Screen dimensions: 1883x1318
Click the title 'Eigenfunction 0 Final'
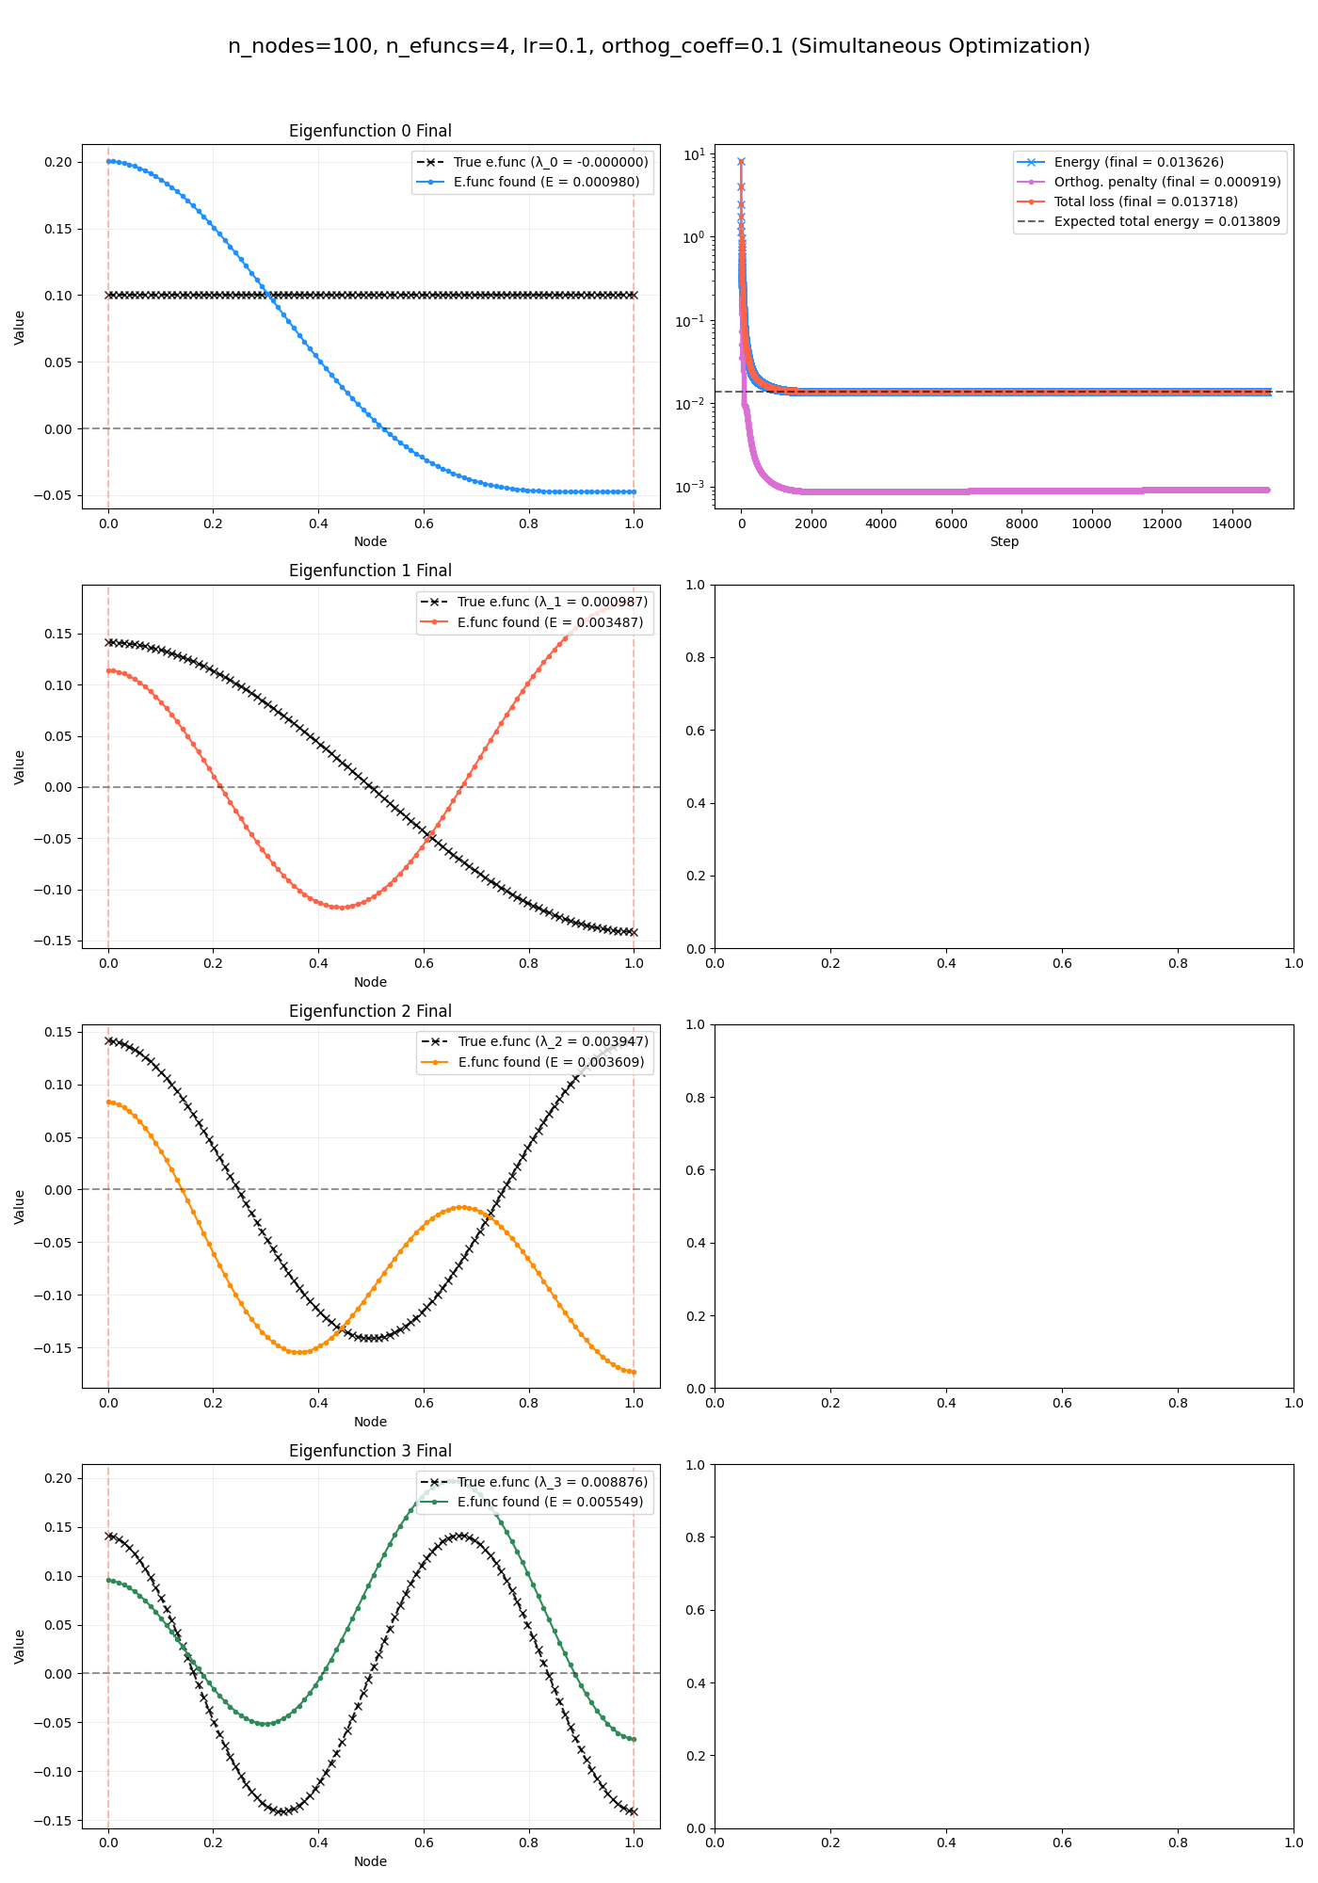coord(370,131)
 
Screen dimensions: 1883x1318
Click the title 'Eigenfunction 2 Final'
coord(370,1011)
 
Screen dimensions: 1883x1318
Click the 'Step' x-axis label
coord(1005,542)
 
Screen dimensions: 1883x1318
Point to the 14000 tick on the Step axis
coord(1231,523)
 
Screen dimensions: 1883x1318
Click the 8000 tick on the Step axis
coord(1021,523)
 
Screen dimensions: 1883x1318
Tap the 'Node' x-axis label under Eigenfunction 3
coord(370,1862)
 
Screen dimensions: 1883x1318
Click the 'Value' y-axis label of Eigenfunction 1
coord(20,767)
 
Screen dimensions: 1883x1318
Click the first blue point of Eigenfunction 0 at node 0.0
coord(108,161)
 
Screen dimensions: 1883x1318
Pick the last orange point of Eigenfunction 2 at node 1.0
coord(634,1373)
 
